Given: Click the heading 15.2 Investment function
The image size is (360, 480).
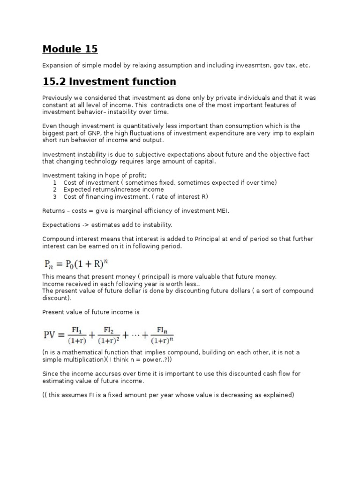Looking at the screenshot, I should (109, 82).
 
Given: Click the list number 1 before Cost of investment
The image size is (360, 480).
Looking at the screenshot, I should (55, 182).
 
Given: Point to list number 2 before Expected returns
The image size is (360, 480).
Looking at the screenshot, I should (55, 189).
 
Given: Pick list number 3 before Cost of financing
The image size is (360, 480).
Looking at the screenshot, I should (55, 196).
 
